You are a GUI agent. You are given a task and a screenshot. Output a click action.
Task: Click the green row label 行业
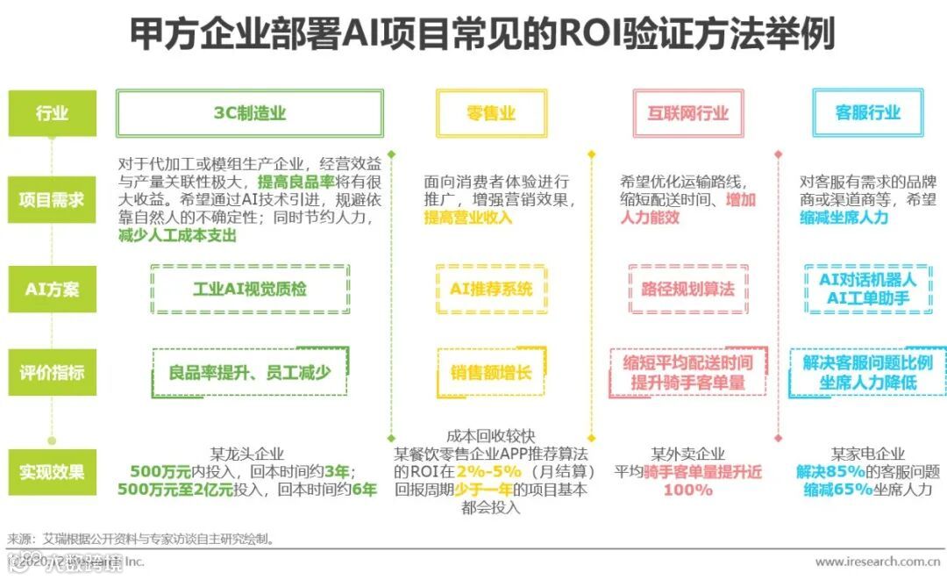[52, 113]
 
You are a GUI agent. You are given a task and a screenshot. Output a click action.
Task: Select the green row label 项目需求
[52, 199]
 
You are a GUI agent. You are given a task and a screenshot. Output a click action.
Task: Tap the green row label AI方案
[52, 289]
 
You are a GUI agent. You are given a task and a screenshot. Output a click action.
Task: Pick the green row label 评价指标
[52, 372]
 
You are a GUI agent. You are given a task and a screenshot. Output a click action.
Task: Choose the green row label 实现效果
[52, 472]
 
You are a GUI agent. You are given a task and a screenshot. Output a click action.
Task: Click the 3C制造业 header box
[250, 113]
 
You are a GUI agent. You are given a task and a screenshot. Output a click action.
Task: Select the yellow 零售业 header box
[491, 113]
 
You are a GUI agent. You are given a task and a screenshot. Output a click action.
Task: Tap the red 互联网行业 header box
[687, 113]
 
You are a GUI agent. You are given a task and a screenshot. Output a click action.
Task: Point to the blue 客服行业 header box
[867, 113]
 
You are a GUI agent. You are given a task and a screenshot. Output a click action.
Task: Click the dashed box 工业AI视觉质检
[250, 289]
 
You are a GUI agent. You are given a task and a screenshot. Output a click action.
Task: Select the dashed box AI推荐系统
[491, 289]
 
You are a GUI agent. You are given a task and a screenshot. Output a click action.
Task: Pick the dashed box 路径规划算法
[687, 289]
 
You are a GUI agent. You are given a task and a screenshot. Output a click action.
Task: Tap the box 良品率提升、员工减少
[250, 372]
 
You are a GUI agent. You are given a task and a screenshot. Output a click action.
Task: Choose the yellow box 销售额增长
[491, 372]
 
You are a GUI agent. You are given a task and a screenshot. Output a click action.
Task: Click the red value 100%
[687, 490]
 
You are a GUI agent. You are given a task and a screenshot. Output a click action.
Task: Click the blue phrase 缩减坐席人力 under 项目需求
[843, 218]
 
